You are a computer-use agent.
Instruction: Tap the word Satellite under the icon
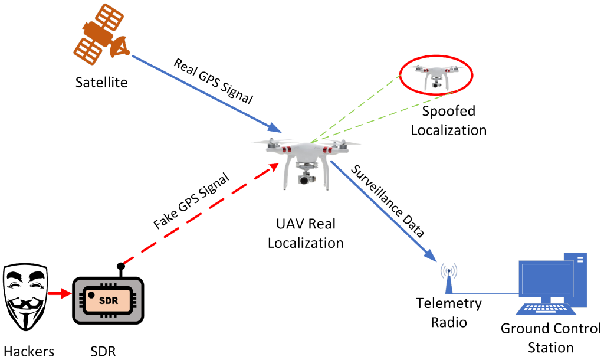101,83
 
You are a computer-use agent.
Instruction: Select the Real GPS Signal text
214,81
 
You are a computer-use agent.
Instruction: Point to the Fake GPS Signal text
191,201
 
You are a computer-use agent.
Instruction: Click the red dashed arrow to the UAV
199,214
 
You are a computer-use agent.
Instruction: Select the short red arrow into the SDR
60,294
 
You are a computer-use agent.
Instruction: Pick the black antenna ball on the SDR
120,266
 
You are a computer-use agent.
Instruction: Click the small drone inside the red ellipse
435,76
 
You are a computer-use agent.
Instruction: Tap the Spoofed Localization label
449,120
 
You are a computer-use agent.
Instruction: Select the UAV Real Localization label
306,233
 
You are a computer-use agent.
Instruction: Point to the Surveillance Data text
388,201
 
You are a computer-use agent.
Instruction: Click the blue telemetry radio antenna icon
449,279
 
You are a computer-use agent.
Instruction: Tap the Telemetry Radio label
449,313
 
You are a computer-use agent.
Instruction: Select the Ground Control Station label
550,338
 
